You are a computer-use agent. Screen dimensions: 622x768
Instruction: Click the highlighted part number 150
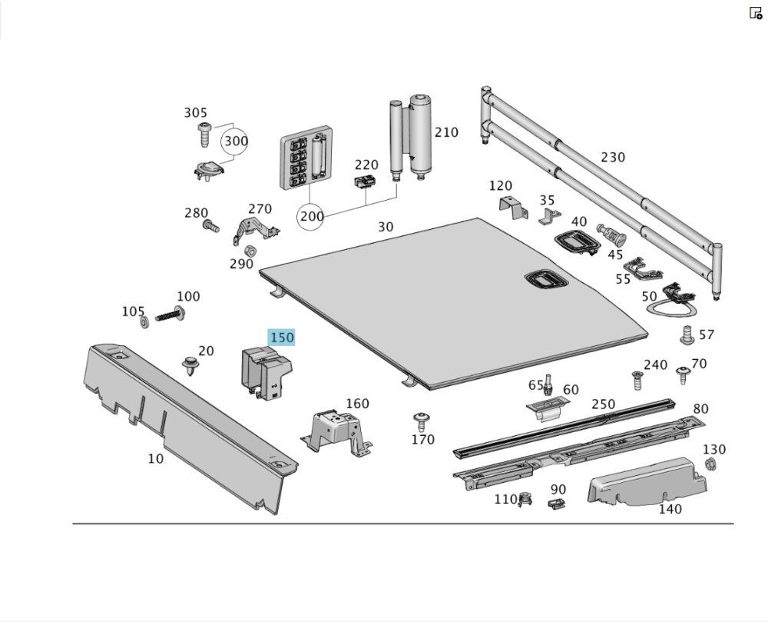coord(281,338)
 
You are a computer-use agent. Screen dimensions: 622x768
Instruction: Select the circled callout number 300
coord(236,141)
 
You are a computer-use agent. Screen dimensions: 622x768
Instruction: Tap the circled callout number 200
coord(312,217)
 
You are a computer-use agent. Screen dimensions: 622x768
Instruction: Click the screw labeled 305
coord(204,135)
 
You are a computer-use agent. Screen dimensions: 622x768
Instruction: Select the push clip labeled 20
coord(188,365)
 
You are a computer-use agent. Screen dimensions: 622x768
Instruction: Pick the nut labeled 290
coord(250,251)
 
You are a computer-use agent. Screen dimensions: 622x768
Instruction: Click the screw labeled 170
coord(420,421)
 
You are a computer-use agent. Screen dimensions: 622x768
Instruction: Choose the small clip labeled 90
coord(556,503)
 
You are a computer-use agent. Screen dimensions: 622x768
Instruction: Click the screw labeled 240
coord(636,379)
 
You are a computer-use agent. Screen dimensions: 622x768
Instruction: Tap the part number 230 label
coord(612,158)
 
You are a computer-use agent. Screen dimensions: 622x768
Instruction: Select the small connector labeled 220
coord(365,183)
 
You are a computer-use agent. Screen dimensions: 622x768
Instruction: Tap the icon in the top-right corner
coord(756,13)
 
